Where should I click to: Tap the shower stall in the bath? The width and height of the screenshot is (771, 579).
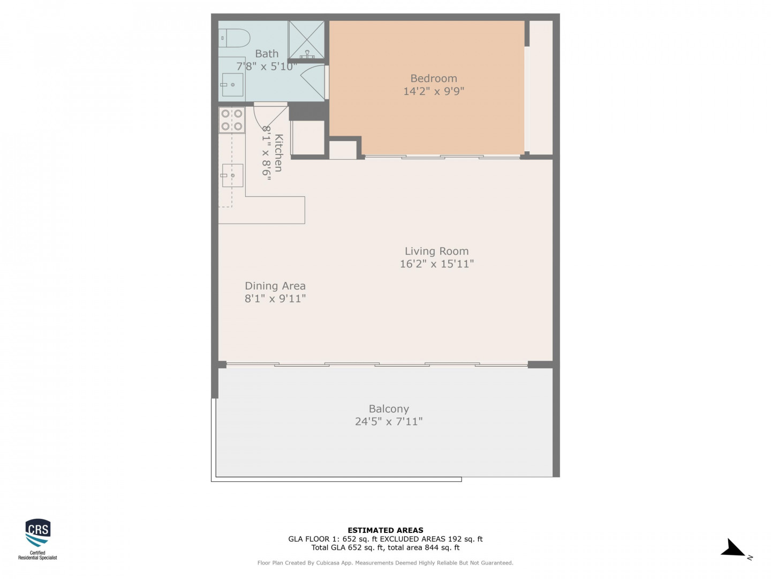[x=304, y=39]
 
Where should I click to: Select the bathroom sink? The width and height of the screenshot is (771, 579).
[x=230, y=84]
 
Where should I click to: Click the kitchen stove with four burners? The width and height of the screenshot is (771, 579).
[x=230, y=120]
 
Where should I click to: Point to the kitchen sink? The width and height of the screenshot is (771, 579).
[x=231, y=174]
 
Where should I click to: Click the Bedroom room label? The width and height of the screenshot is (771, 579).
[x=430, y=78]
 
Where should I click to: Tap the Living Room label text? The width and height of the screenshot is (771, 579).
[x=434, y=249]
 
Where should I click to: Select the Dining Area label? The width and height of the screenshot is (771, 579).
[x=273, y=284]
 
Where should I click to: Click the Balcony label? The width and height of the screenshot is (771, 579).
[x=386, y=406]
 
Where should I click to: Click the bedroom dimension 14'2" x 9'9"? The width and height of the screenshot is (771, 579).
[x=430, y=91]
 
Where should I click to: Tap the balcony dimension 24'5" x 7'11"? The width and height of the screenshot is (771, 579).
[x=386, y=418]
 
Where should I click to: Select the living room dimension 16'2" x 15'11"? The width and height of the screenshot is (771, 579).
[x=434, y=262]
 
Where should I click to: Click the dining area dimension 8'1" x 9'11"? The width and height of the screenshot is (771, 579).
[x=273, y=296]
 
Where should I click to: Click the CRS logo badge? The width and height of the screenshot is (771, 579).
[x=37, y=535]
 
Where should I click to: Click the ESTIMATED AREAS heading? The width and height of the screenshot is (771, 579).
[x=382, y=526]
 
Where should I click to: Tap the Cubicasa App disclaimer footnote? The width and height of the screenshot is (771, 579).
[x=382, y=559]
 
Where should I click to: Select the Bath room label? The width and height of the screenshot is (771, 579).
[x=265, y=53]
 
